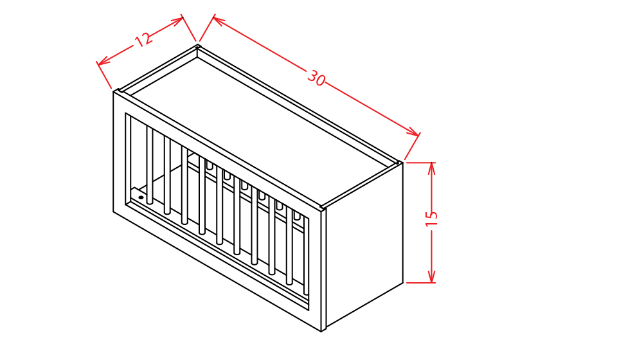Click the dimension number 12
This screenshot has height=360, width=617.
pyautogui.click(x=143, y=40)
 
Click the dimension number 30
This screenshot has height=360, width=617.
pyautogui.click(x=316, y=78)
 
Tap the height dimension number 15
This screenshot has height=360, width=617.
pyautogui.click(x=431, y=219)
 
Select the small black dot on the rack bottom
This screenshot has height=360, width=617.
pyautogui.click(x=141, y=197)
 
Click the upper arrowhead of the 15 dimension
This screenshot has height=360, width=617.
pyautogui.click(x=432, y=168)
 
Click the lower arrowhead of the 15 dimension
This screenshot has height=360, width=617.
pyautogui.click(x=432, y=276)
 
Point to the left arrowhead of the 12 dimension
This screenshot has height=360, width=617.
pyautogui.click(x=102, y=61)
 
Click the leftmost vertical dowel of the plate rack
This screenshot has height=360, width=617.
pyautogui.click(x=150, y=165)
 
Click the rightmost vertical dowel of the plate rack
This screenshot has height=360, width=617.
pyautogui.click(x=306, y=255)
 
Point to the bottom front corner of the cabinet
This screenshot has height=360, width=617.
pyautogui.click(x=321, y=331)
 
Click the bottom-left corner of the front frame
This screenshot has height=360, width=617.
pyautogui.click(x=113, y=212)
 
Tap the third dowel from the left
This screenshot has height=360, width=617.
pyautogui.click(x=184, y=185)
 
